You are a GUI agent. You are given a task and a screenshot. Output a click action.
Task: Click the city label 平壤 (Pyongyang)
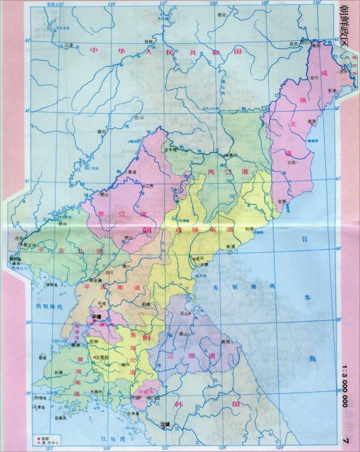point(95,316)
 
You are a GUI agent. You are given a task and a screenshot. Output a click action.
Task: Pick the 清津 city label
point(311,121)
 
